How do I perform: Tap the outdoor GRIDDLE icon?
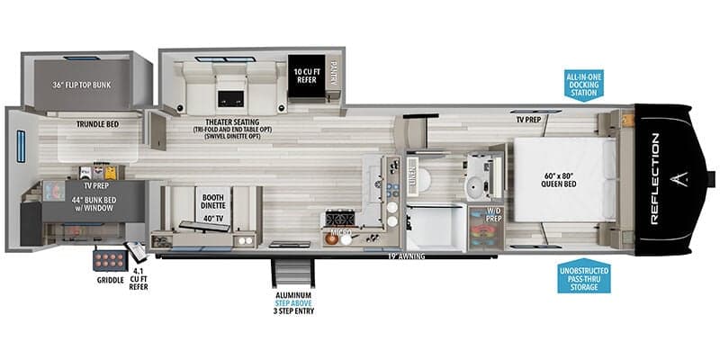pos(104,262)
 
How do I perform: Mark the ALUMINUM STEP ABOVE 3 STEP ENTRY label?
pos(294,303)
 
